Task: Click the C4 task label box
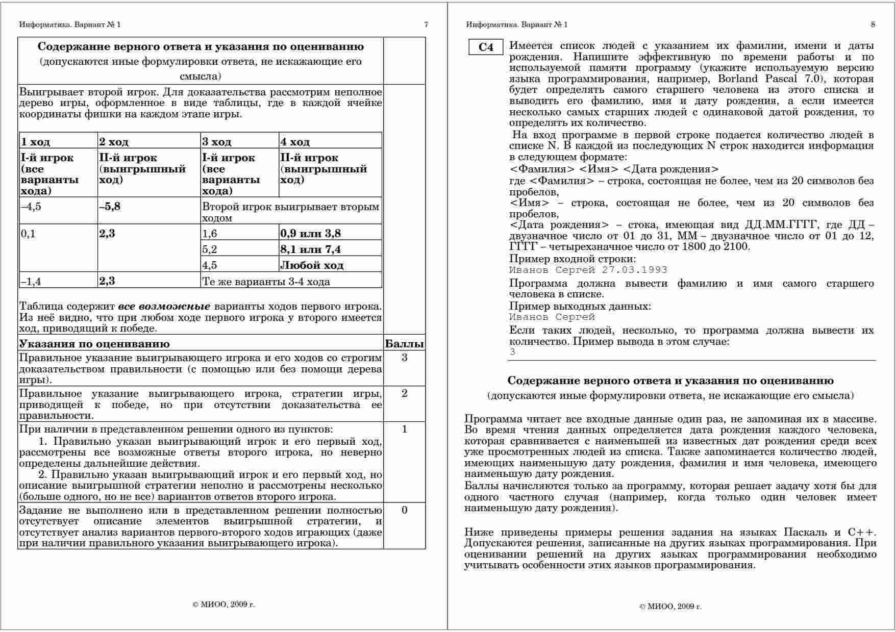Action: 486,47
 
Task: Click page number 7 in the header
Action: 426,24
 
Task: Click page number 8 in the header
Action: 873,24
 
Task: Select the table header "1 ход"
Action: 35,141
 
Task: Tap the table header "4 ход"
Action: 295,141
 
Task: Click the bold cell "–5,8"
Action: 110,207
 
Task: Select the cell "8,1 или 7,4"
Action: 310,249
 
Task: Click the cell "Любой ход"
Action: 311,265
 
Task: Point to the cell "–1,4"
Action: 31,282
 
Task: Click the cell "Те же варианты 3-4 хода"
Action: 266,282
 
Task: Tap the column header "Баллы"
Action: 404,343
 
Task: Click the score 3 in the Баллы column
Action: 404,358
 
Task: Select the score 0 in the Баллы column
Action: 404,510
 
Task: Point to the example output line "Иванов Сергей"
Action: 552,317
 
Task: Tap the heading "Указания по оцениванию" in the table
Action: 94,343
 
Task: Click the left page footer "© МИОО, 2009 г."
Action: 223,604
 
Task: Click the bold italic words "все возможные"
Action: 164,307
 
